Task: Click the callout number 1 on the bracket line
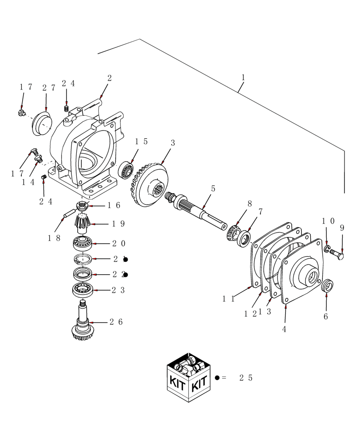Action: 243,78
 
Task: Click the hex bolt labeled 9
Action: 337,255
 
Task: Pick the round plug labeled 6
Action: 327,286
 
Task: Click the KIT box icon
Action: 189,377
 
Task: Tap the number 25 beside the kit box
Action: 246,378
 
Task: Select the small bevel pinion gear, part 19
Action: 83,222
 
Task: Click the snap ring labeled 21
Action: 83,259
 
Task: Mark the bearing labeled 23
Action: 83,289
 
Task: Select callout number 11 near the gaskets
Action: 228,299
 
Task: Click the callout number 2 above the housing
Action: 109,78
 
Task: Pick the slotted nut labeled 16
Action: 82,205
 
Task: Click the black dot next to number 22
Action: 125,275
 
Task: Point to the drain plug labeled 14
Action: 38,158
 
